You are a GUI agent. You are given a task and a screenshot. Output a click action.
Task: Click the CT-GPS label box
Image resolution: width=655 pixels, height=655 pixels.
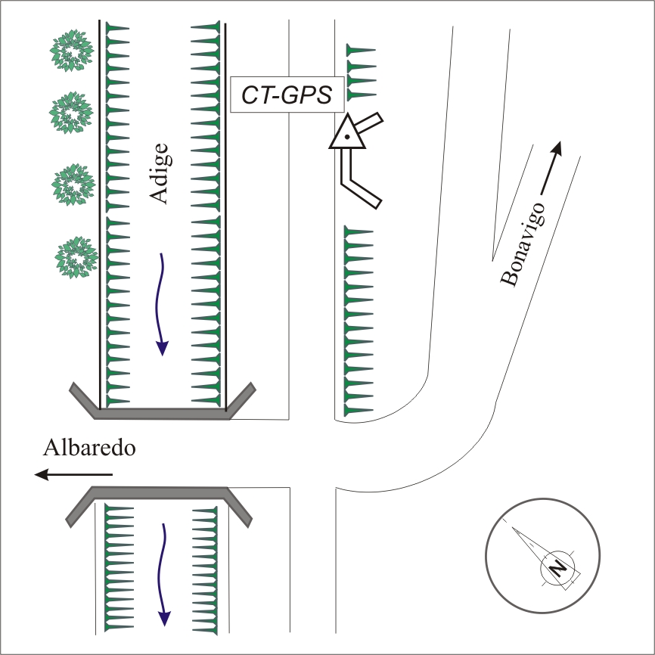[x=287, y=95]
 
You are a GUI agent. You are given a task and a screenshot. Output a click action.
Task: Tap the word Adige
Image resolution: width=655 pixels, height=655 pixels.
[x=159, y=173]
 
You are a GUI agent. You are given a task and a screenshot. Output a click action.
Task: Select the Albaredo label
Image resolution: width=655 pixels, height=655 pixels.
[x=89, y=448]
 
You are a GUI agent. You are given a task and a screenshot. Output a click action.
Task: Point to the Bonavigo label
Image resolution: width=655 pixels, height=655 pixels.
[x=523, y=244]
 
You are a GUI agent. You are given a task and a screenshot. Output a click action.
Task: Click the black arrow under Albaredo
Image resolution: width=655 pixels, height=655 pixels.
[x=73, y=474]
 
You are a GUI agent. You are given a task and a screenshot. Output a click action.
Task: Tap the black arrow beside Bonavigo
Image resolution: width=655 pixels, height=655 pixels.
[x=551, y=168]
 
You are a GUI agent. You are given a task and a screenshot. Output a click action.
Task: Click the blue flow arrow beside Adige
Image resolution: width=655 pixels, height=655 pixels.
[x=161, y=304]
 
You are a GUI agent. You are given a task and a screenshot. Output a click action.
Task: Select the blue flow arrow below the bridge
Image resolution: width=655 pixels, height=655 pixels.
[x=163, y=575]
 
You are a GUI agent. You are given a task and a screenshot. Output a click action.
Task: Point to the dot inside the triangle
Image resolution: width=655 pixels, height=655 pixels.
[x=347, y=137]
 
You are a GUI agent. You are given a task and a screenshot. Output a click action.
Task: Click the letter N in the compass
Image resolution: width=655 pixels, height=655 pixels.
[x=557, y=568]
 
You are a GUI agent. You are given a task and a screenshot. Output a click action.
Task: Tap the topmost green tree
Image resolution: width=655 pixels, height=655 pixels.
[x=71, y=50]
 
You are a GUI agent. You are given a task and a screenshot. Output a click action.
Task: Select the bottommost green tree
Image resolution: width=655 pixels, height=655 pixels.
[x=76, y=257]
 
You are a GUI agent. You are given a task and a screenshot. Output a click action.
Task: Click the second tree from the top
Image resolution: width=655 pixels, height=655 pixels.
[x=71, y=113]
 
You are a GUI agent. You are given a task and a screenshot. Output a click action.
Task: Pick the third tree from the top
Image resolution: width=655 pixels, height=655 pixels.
[x=73, y=185]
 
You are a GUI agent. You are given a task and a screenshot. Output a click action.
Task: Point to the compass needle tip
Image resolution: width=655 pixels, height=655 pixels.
[x=513, y=528]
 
